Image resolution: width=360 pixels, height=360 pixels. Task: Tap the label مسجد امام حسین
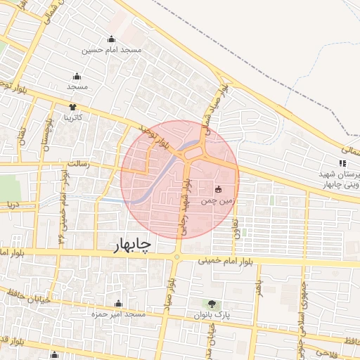coord(112,50)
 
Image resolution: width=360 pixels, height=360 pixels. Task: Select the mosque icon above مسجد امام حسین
coord(112,39)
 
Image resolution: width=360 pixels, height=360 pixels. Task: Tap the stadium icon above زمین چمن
coord(218,189)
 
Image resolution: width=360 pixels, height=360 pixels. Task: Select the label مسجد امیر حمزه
coord(117,314)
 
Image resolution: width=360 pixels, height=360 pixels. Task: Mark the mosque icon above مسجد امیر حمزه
coord(117,303)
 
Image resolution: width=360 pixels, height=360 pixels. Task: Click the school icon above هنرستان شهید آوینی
coord(342,163)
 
